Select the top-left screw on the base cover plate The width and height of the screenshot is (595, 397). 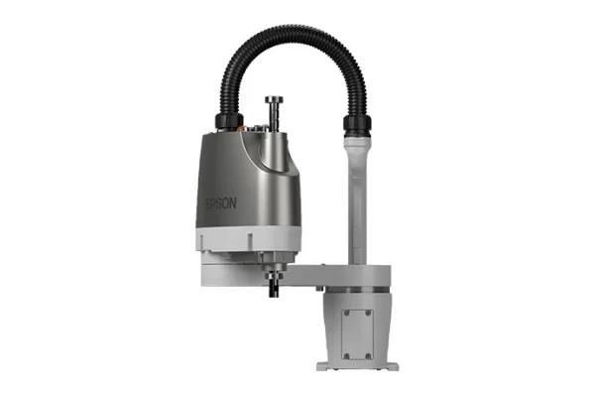point(344,313)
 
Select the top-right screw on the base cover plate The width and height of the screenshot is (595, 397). point(370,313)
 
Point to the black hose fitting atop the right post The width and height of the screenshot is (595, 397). point(356,126)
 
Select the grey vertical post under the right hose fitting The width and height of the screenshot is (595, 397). point(357,198)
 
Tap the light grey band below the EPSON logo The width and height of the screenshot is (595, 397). point(238,239)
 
